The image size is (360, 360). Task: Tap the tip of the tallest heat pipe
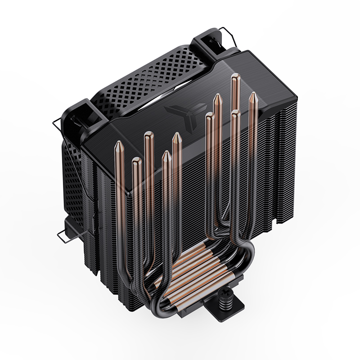click(234, 80)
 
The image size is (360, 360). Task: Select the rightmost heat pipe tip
click(253, 97)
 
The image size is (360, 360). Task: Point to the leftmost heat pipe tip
click(118, 145)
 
